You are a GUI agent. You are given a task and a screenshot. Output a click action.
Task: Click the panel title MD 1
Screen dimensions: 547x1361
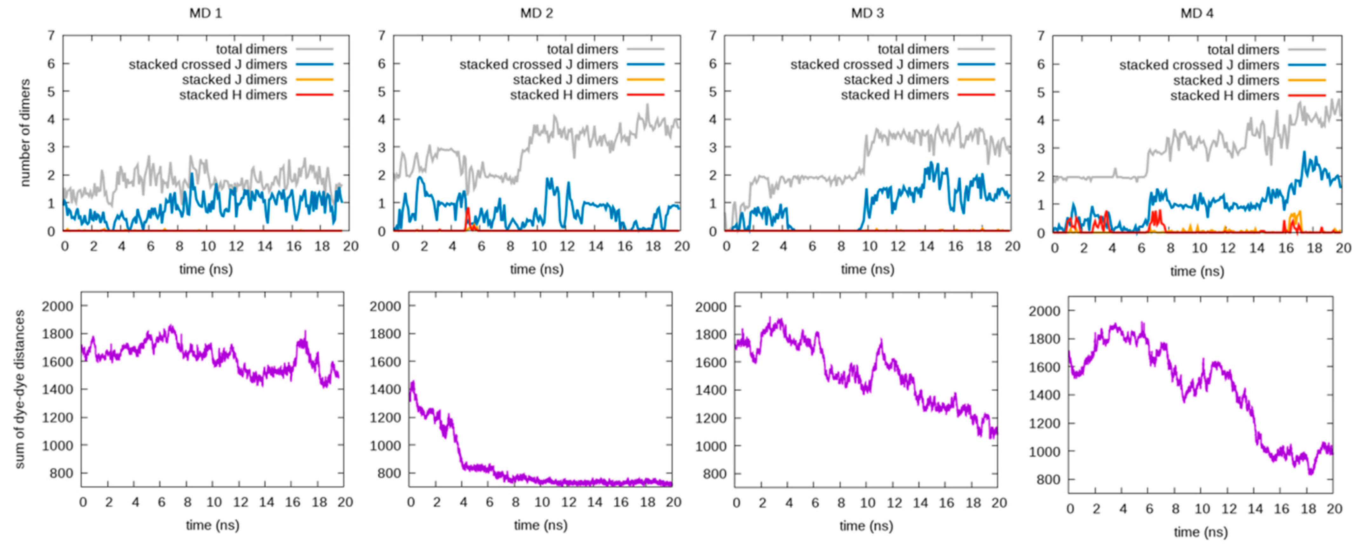[x=206, y=13]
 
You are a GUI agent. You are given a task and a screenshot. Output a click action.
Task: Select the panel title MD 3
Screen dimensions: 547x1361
[x=867, y=13]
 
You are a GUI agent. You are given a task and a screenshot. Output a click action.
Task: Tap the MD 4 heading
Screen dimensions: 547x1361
[x=1197, y=13]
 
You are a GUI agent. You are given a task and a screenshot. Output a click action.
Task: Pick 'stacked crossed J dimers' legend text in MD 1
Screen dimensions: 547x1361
[x=208, y=64]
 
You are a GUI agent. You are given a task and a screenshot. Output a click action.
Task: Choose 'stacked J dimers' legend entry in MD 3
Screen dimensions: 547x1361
[x=896, y=80]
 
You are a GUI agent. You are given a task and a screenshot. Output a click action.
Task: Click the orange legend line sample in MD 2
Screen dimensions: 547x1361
[x=645, y=80]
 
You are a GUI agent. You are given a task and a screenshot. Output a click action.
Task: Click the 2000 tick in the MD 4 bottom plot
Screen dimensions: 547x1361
[x=1044, y=311]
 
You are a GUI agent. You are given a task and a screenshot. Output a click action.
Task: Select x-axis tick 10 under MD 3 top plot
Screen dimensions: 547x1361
[x=869, y=246]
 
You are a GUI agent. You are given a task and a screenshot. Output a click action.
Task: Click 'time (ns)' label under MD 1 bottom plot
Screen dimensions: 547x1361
[x=213, y=525]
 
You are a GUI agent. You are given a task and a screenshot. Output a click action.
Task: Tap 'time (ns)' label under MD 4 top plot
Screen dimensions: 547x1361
[x=1197, y=271]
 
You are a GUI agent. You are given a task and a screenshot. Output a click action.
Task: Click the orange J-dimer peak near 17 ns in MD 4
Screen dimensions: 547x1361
[x=1299, y=212]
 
